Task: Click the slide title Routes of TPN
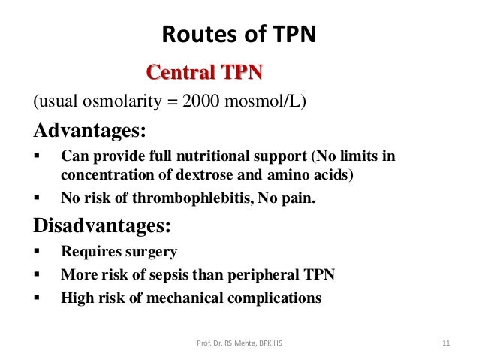pos(239,35)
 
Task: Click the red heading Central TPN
pos(204,73)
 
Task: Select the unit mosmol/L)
pos(264,101)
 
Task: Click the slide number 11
pos(446,345)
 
